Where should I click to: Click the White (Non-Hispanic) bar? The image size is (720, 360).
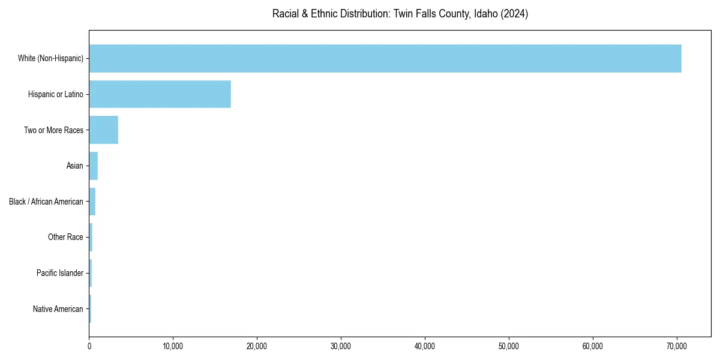click(385, 58)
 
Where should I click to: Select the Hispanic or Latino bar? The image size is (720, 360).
click(160, 94)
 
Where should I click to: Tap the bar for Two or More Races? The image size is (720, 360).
click(104, 130)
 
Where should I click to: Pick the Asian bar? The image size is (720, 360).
click(94, 166)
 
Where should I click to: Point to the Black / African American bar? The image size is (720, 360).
click(92, 202)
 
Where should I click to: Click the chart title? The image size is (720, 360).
click(400, 14)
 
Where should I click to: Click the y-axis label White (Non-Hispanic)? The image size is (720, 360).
click(50, 58)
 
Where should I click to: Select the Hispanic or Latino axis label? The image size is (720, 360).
click(56, 94)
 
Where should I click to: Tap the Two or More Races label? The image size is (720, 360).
click(53, 130)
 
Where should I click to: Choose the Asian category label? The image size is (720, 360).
click(75, 166)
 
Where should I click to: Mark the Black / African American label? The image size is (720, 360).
click(46, 202)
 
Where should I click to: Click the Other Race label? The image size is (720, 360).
click(65, 238)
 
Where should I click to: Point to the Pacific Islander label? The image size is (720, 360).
click(60, 273)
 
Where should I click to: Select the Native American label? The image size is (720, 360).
click(58, 309)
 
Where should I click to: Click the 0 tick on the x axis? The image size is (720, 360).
click(89, 346)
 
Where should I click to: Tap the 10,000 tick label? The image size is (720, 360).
click(173, 346)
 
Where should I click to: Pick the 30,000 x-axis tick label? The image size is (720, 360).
click(341, 346)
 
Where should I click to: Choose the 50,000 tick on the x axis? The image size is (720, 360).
click(509, 346)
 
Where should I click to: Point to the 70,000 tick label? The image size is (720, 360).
click(677, 346)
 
